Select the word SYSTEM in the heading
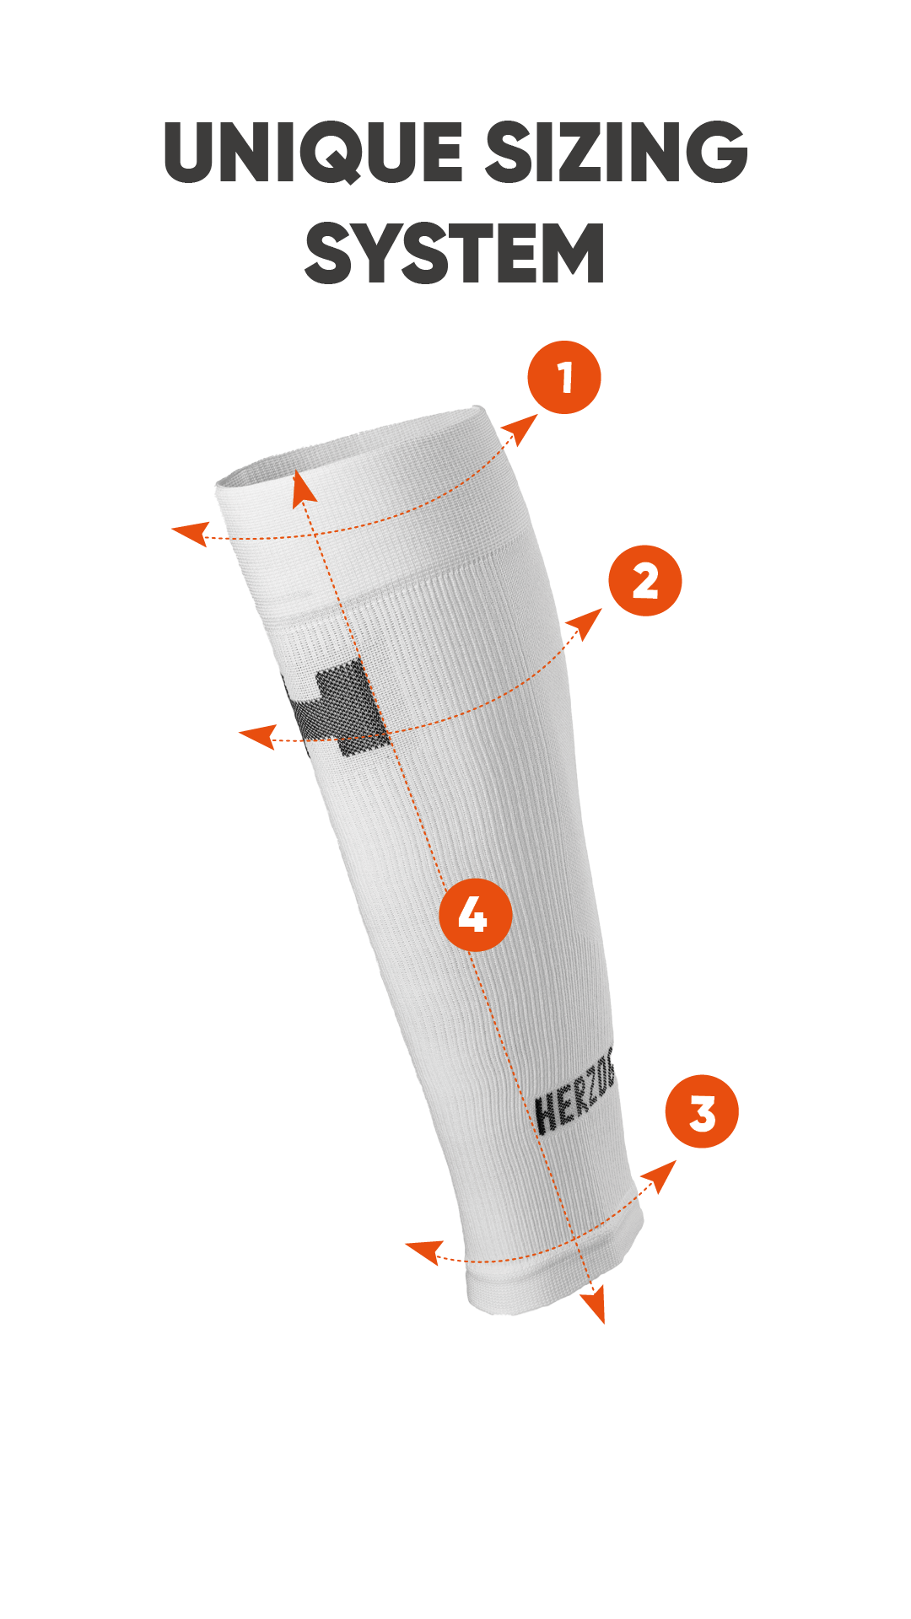point(455,253)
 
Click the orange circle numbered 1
point(564,377)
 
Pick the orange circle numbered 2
point(645,581)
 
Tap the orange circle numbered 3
point(702,1111)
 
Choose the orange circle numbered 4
point(476,914)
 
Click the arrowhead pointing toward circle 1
point(521,429)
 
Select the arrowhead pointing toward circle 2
point(585,625)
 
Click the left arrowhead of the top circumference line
point(191,534)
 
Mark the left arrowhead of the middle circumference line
point(258,736)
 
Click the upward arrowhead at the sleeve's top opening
point(301,489)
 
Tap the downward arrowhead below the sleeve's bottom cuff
point(595,1305)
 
